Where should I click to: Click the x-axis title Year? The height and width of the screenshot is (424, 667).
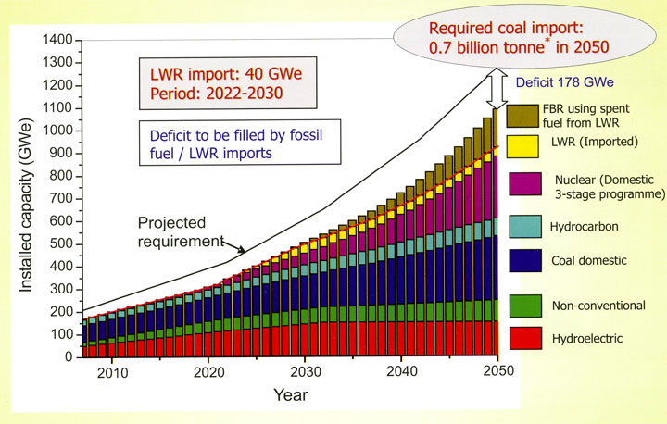(x=292, y=395)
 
